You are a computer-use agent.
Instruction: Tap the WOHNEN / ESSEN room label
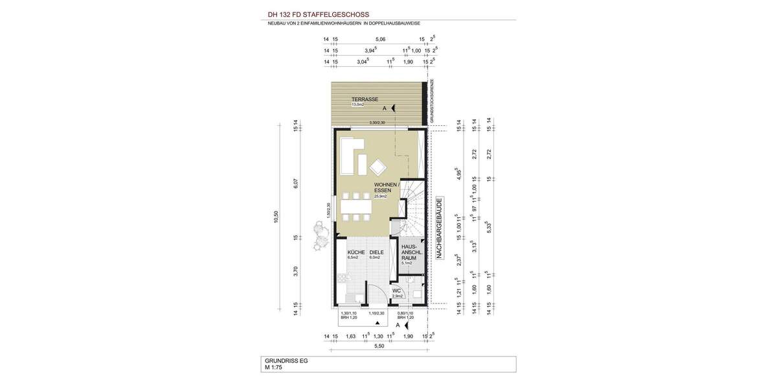coord(387,188)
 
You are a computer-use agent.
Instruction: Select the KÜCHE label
coord(356,252)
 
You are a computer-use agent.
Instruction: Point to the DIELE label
coord(377,252)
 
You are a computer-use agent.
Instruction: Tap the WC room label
coord(397,291)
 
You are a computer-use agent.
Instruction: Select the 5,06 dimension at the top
coord(380,40)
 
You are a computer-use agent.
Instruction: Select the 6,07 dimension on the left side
coord(295,184)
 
